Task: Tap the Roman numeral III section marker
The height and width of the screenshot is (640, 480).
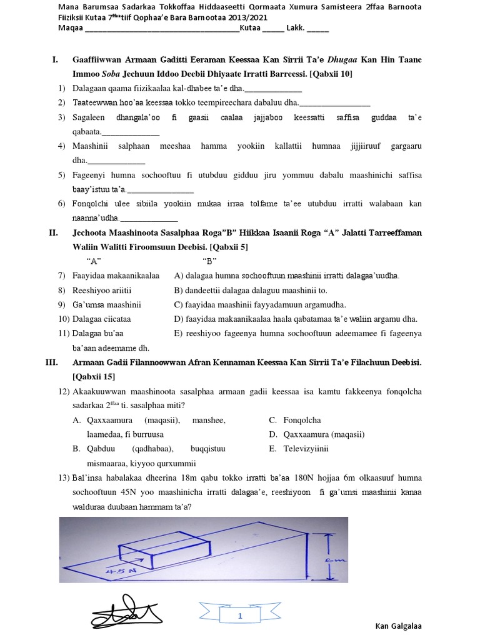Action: tap(52, 362)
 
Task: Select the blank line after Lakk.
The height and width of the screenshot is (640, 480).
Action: tap(317, 29)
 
